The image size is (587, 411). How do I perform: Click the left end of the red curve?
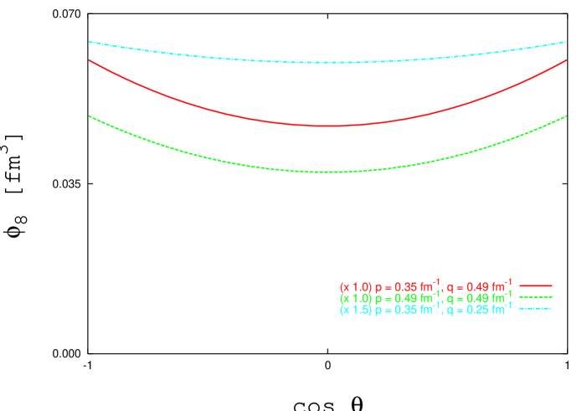tap(90, 60)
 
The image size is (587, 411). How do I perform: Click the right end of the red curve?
tap(567, 60)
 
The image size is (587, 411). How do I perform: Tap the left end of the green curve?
tap(90, 116)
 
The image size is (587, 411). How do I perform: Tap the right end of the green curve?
tap(567, 116)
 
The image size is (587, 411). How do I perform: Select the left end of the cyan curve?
tap(90, 42)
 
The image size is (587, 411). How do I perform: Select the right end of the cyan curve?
tap(567, 42)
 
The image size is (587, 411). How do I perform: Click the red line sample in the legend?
tap(536, 286)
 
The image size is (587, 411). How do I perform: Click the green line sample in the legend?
tap(536, 297)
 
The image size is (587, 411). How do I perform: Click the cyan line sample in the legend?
tap(536, 309)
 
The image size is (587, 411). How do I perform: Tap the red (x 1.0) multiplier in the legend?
tap(355, 287)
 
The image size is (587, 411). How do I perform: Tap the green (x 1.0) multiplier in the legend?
tap(355, 298)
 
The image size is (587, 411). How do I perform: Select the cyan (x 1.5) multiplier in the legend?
tap(355, 310)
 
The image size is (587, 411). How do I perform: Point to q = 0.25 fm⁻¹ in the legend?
tap(479, 309)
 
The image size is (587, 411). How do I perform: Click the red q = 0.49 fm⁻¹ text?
tap(479, 286)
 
